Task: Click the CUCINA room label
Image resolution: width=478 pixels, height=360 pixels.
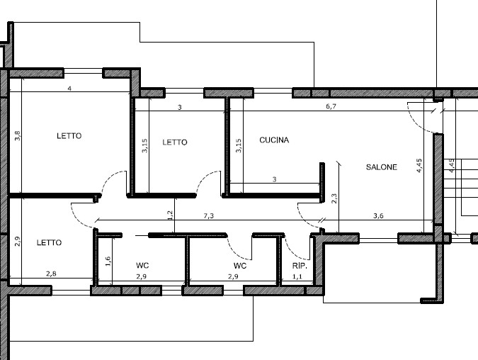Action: [274, 140]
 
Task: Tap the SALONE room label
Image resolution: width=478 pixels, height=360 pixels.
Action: [381, 168]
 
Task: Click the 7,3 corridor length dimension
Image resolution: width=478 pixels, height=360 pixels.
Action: [209, 215]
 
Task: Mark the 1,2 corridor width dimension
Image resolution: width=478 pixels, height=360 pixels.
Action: [170, 214]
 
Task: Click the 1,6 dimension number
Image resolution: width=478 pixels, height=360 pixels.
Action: [108, 261]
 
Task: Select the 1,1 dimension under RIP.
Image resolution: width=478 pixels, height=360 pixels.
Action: [297, 277]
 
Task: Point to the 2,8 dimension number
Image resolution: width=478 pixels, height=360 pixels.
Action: [51, 274]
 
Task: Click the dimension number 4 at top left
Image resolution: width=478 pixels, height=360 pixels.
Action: [69, 89]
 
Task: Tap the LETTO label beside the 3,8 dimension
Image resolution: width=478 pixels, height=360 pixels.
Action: [69, 136]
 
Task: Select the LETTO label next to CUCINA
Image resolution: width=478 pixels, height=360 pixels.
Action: [175, 142]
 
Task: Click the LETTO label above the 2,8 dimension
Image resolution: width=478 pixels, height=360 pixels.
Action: [49, 242]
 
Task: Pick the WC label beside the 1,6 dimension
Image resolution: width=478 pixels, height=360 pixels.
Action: [142, 266]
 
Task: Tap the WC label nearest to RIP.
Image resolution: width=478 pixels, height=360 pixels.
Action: [240, 266]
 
